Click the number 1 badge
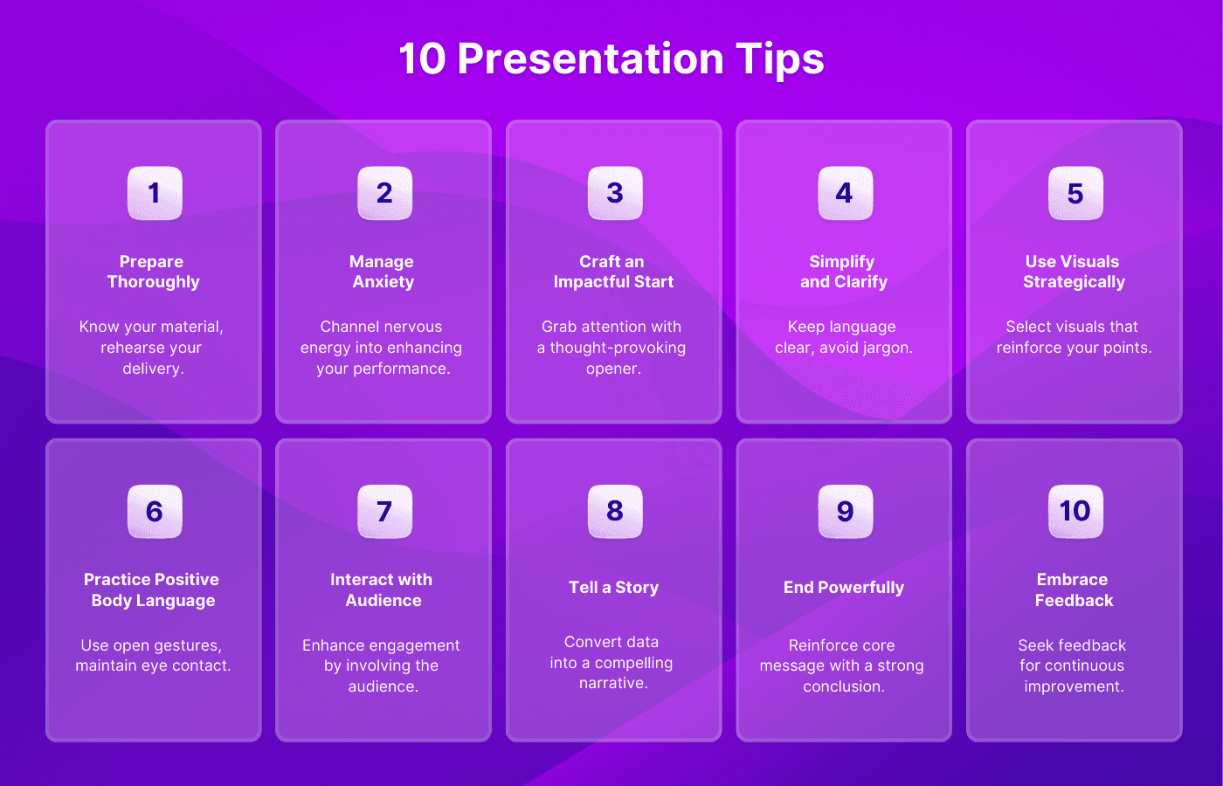click(x=155, y=193)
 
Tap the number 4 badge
click(x=846, y=193)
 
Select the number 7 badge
click(x=385, y=512)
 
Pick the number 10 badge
click(x=1075, y=512)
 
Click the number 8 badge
click(x=615, y=512)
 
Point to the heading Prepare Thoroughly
click(x=153, y=272)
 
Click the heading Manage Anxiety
click(x=383, y=272)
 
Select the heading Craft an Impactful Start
click(x=613, y=272)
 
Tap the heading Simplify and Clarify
click(x=844, y=272)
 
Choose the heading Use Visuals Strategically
click(x=1074, y=272)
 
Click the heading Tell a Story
click(x=613, y=587)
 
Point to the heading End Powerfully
click(x=844, y=587)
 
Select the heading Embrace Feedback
click(x=1074, y=589)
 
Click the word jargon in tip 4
click(x=888, y=348)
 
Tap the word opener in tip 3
click(x=613, y=369)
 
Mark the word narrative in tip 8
click(x=613, y=683)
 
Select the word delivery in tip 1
click(x=153, y=369)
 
